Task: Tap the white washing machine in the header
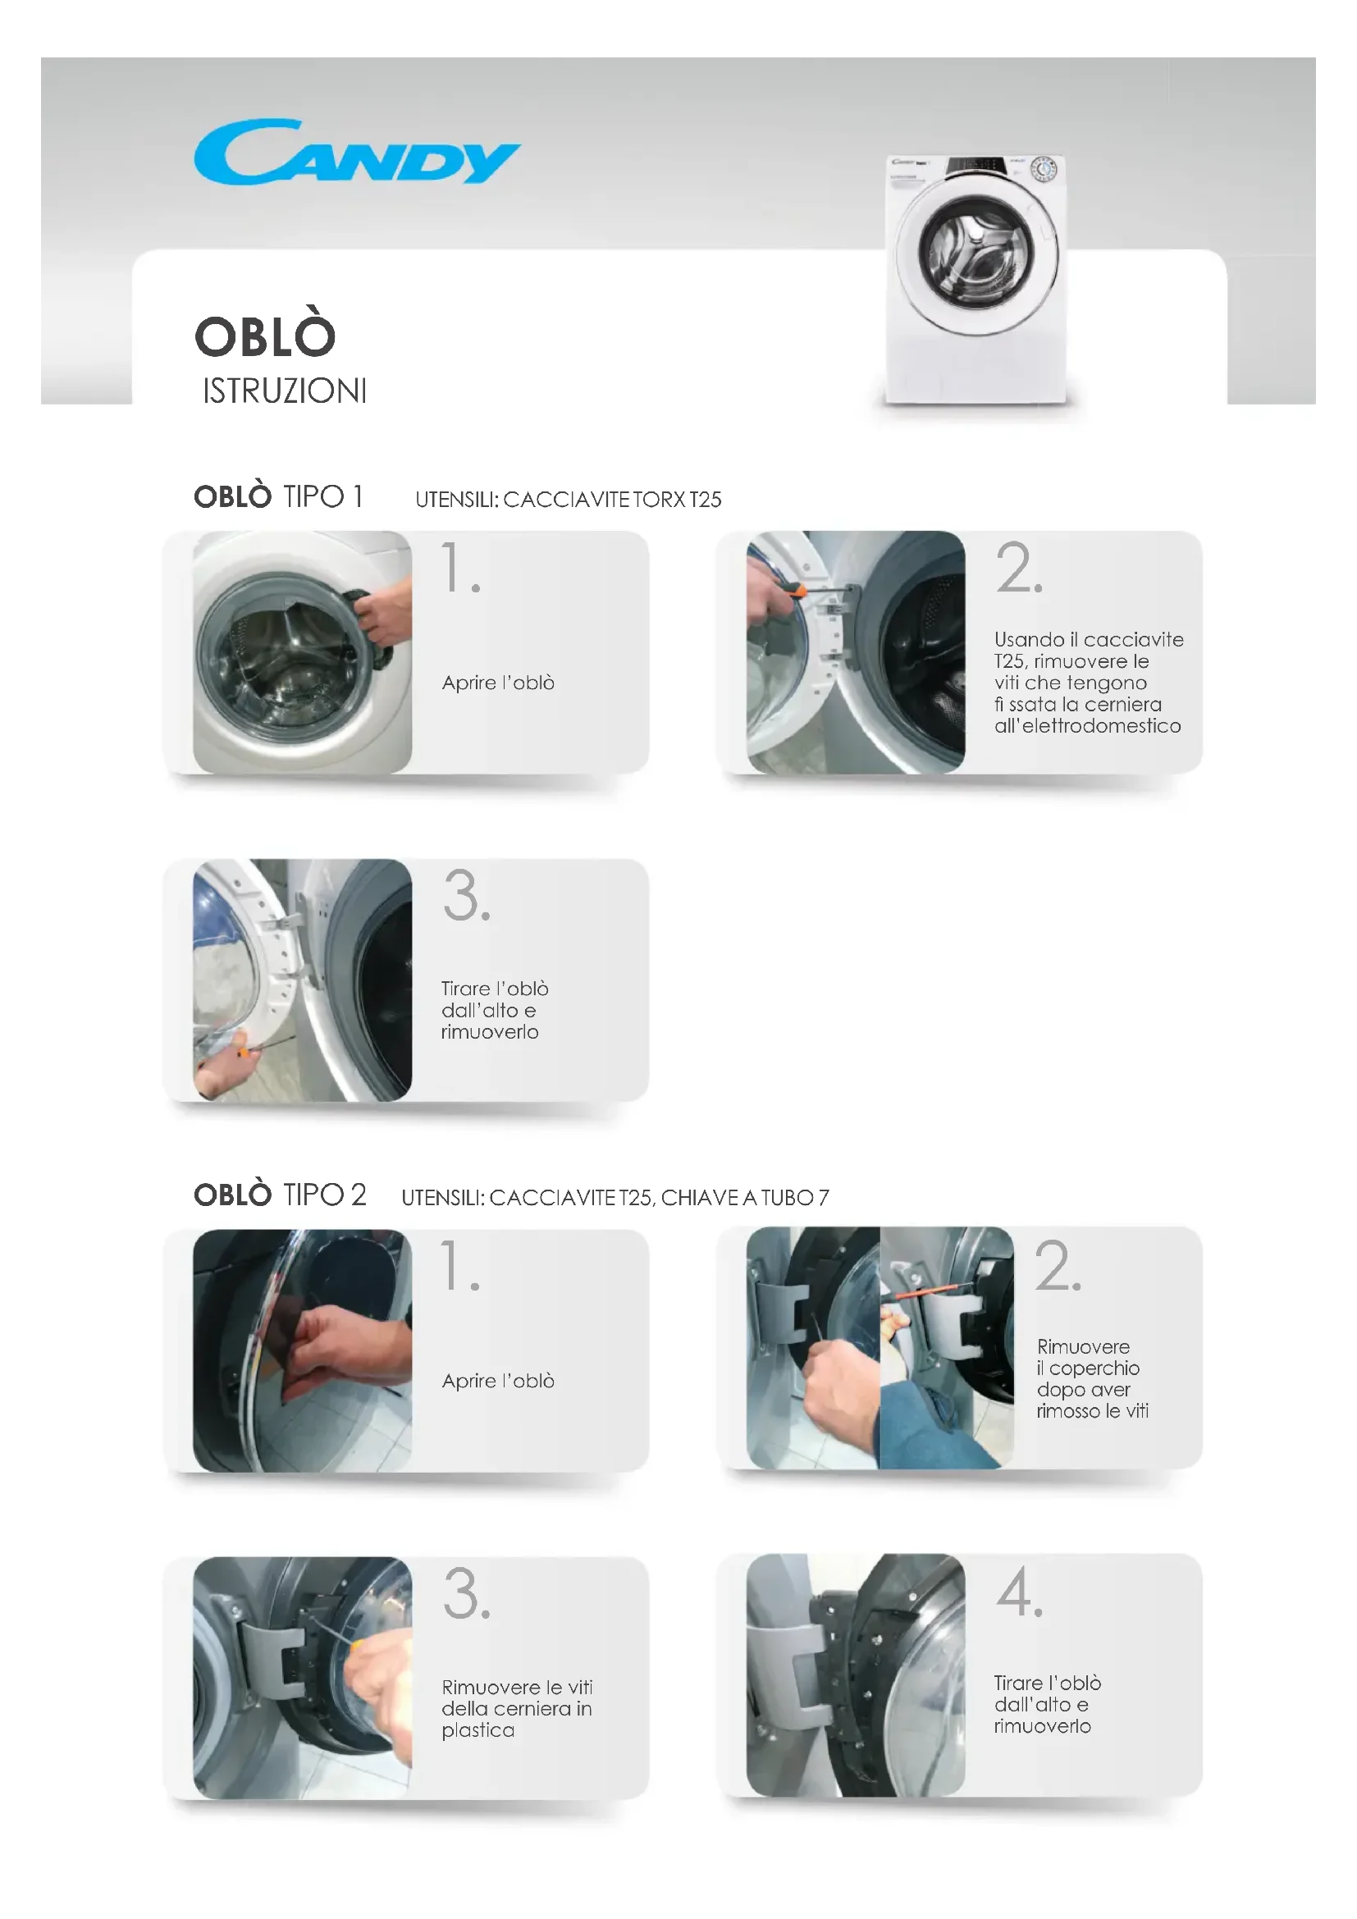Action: pos(975,279)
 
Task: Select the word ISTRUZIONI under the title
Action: pos(284,391)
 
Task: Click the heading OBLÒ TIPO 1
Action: pos(278,496)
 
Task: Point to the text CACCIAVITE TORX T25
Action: pos(613,500)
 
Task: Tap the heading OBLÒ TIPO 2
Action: pos(280,1195)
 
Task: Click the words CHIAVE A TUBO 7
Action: pos(745,1198)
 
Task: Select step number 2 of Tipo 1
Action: pos(1019,568)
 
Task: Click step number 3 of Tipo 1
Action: pos(466,895)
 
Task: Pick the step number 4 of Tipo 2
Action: pos(1020,1592)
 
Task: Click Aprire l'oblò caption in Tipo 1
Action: pos(498,683)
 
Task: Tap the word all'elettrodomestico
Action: pos(1088,725)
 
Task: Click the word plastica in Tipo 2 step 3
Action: pos(478,1730)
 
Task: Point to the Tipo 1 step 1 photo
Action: pos(303,652)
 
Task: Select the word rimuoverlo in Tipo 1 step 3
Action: pos(490,1032)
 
